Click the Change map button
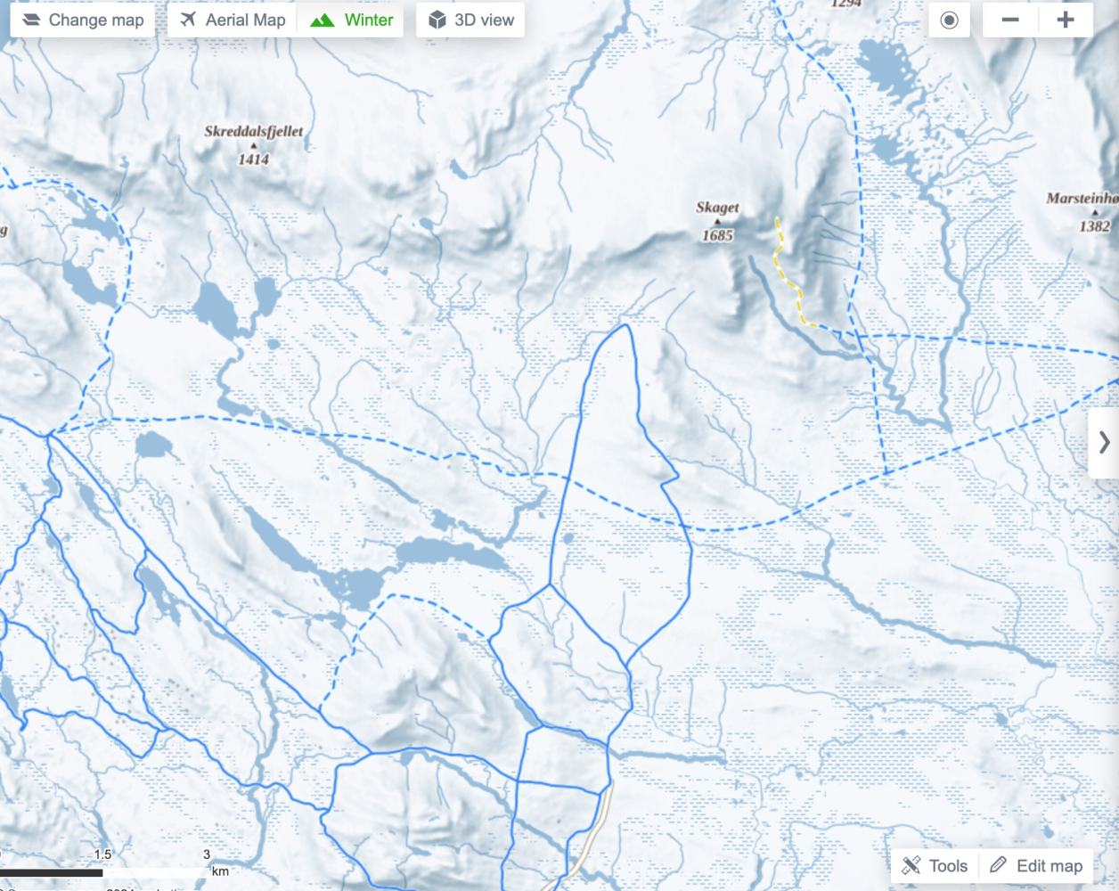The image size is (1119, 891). click(82, 20)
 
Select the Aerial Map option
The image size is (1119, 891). click(233, 20)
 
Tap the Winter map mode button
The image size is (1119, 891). click(351, 20)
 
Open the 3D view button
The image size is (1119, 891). click(470, 20)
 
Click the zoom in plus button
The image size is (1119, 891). click(1066, 20)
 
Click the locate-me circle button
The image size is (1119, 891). click(949, 20)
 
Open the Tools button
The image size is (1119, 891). click(935, 865)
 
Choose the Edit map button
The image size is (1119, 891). click(1036, 865)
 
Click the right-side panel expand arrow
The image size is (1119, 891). click(1104, 442)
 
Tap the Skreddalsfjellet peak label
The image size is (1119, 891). click(254, 131)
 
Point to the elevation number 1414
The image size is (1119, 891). click(253, 159)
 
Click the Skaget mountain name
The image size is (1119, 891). click(717, 207)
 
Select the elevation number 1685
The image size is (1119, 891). click(717, 235)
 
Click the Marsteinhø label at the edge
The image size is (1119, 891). click(1082, 198)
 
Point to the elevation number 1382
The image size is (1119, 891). click(1094, 226)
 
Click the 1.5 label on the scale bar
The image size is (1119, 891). click(103, 854)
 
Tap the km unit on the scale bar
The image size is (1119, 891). click(220, 871)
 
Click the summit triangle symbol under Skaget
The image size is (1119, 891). click(717, 222)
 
